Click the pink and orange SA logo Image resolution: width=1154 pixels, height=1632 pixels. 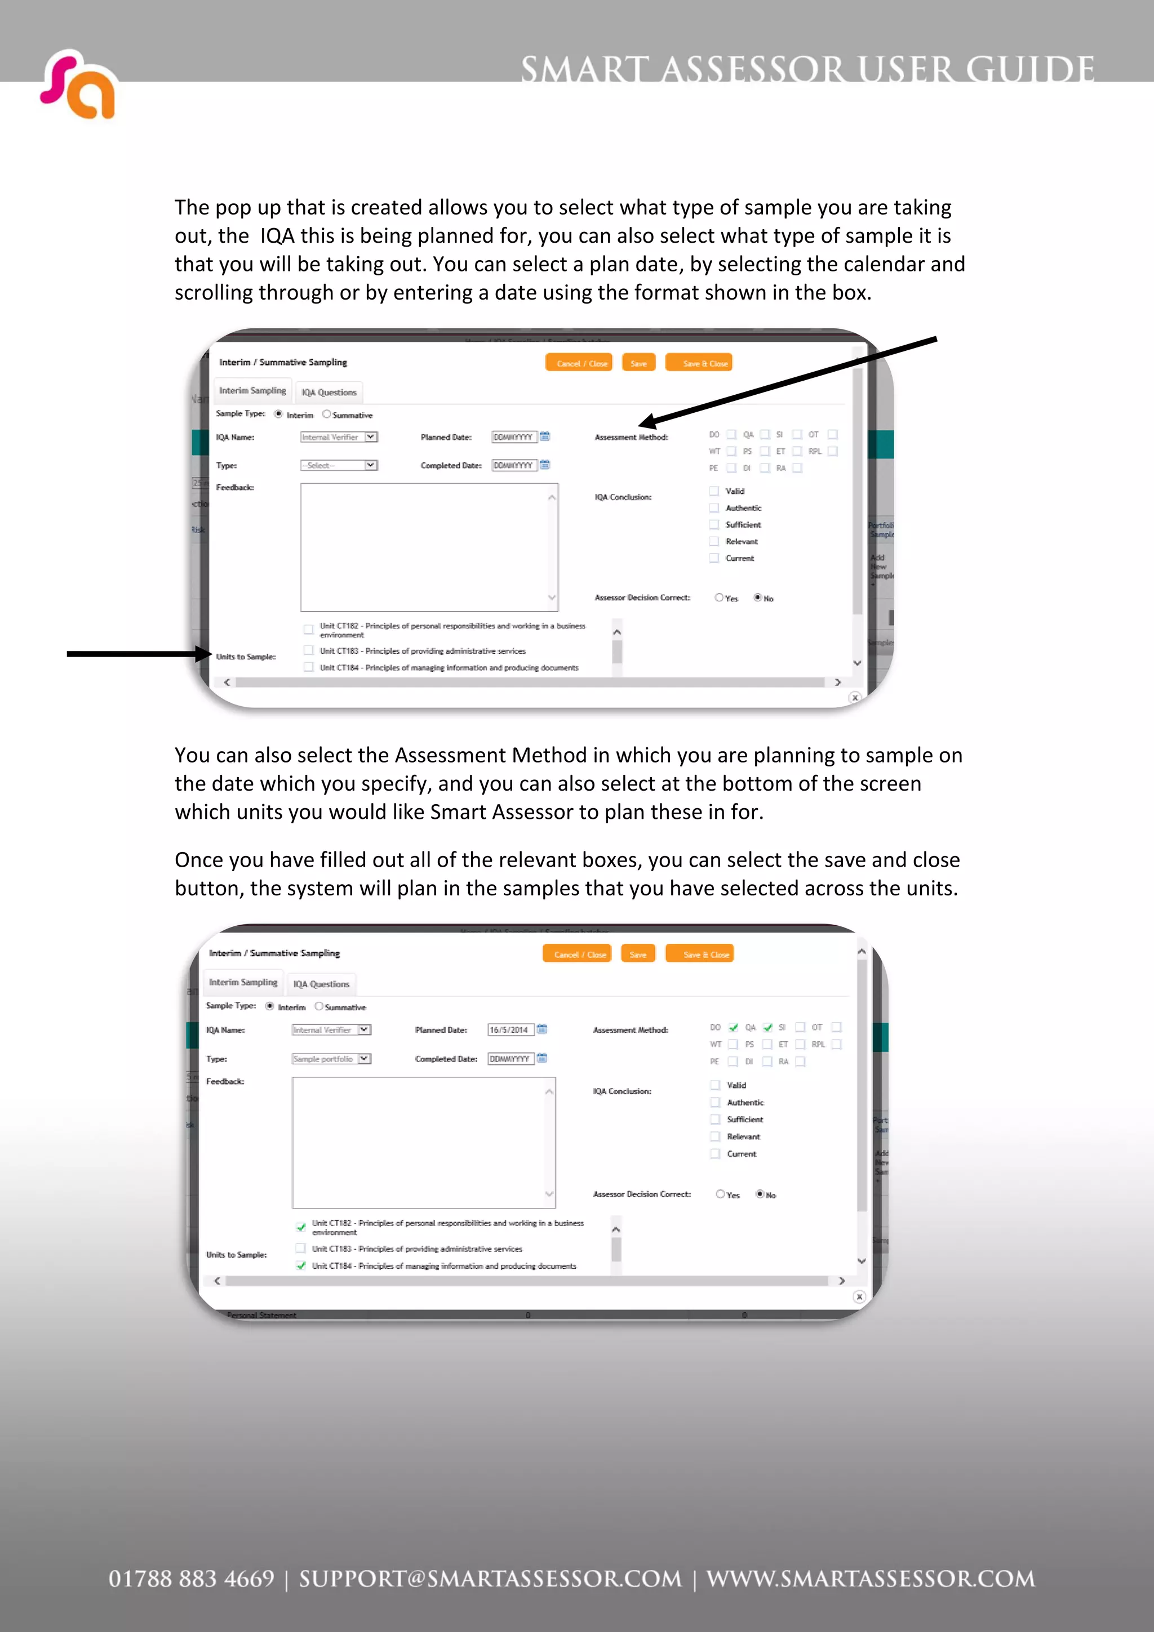click(x=78, y=84)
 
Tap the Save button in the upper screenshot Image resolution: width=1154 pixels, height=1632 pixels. click(x=638, y=363)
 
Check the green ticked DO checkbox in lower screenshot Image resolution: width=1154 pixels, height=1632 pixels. click(x=733, y=1027)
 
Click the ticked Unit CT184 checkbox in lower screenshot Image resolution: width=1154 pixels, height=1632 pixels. click(x=301, y=1265)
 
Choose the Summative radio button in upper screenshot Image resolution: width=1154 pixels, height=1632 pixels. click(x=326, y=414)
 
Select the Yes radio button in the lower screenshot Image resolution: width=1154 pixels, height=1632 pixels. click(x=720, y=1194)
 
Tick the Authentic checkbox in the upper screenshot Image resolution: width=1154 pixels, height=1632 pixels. click(x=714, y=507)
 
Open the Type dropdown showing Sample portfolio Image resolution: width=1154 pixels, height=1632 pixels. click(x=331, y=1058)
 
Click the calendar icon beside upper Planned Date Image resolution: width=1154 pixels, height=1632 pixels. click(x=545, y=436)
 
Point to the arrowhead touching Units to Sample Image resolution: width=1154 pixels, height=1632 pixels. click(x=205, y=654)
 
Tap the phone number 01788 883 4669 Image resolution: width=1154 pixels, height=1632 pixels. click(x=190, y=1579)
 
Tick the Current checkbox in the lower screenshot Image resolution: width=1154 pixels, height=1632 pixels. click(x=715, y=1154)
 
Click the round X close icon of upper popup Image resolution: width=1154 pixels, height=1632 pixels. click(x=855, y=697)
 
